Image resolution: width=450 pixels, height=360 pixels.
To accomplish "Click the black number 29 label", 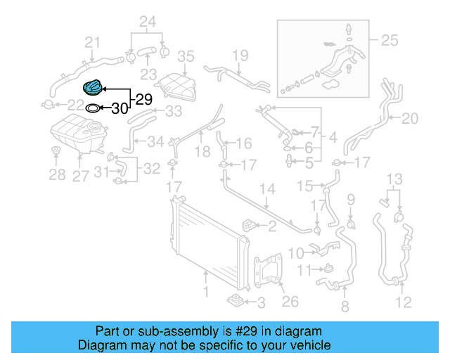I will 143,99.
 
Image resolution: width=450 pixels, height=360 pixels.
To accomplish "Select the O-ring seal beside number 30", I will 92,108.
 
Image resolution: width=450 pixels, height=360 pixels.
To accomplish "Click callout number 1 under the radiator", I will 206,291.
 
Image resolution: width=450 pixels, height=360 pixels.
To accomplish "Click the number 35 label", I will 185,56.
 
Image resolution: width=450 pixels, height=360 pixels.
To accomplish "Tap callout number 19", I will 240,55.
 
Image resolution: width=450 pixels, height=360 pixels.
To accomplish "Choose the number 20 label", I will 409,119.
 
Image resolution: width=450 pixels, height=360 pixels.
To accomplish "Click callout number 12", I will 402,304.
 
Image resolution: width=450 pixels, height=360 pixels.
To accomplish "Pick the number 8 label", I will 345,307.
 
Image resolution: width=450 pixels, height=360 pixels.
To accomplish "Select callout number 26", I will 290,302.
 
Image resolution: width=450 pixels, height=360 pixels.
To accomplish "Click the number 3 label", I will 260,303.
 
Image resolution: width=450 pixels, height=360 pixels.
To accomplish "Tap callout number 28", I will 57,175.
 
